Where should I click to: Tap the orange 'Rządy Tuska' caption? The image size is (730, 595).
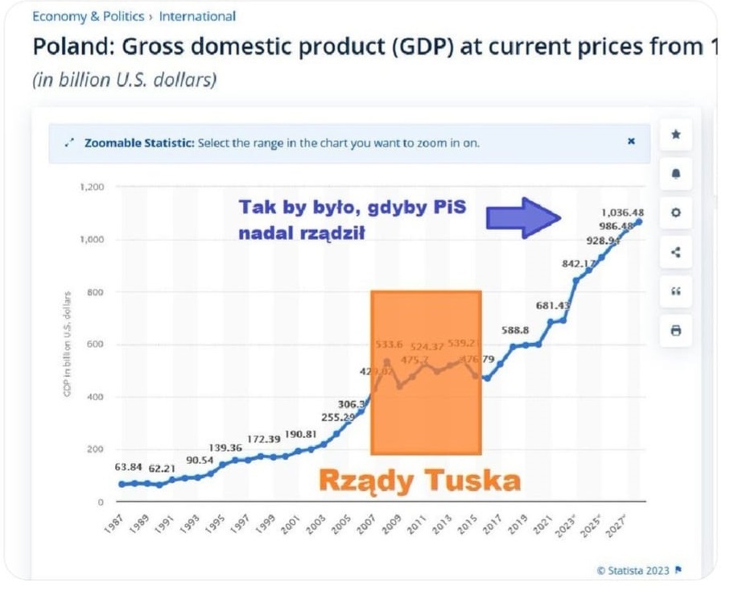419,481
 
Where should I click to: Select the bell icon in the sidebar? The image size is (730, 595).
676,174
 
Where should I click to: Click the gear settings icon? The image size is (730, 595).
676,213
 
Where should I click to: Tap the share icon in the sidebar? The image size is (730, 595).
676,252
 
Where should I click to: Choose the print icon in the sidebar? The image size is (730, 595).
676,330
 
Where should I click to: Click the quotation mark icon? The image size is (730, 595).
676,291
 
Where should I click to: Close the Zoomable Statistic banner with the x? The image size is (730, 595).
631,141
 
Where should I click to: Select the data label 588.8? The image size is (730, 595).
514,329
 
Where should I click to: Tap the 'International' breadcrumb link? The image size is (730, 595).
197,16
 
